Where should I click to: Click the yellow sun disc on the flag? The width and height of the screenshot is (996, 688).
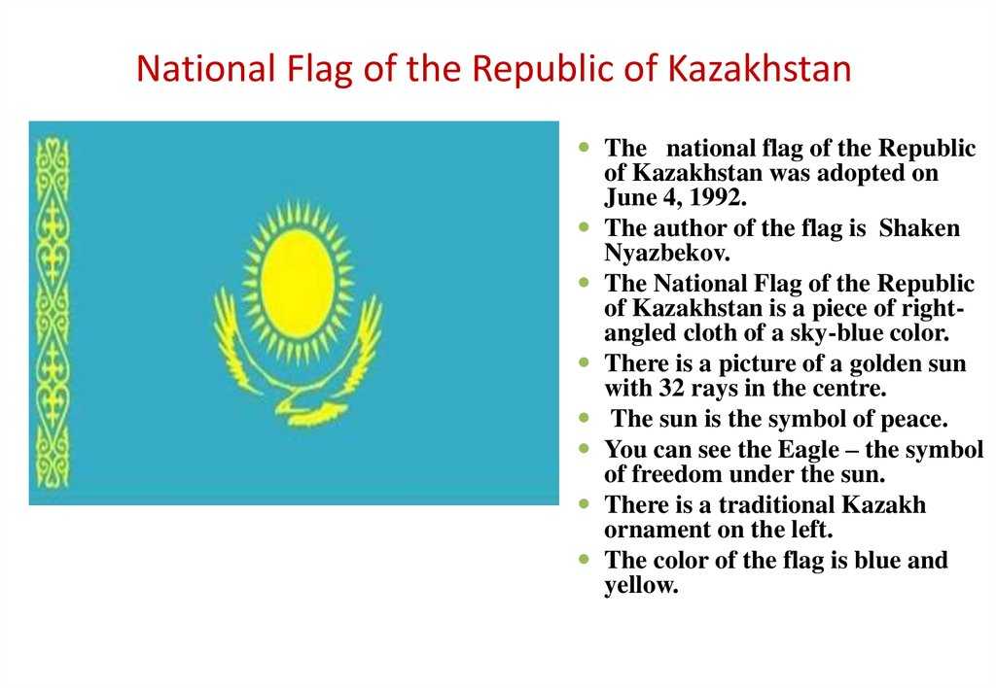(298, 284)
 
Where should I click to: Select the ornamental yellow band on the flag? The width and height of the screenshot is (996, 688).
(53, 313)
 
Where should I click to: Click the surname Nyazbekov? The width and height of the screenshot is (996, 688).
(667, 253)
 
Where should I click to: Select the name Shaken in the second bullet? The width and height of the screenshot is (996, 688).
(919, 227)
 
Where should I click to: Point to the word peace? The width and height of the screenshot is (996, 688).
(914, 420)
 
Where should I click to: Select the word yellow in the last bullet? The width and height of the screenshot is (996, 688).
(642, 585)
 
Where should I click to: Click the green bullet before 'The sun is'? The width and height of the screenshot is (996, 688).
(585, 418)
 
